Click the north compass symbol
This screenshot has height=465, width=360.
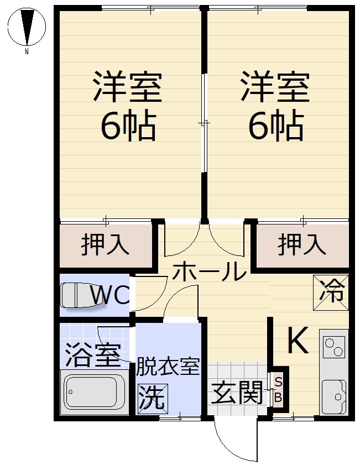(x=27, y=27)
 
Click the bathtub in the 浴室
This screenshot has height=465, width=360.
(x=95, y=391)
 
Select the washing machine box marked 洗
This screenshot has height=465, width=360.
(x=153, y=396)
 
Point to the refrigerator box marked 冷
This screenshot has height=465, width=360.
(x=331, y=292)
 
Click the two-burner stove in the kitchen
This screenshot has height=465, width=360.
(x=335, y=347)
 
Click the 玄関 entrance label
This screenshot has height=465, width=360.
(x=237, y=392)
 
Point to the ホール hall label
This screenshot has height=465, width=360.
(x=210, y=271)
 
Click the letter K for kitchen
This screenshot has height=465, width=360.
(x=298, y=339)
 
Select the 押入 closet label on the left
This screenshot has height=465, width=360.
(x=105, y=244)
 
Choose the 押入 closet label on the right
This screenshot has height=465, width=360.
(x=302, y=244)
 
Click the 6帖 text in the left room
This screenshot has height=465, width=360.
(x=128, y=127)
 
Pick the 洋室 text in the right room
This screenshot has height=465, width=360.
(x=275, y=86)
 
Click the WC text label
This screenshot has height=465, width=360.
(x=109, y=295)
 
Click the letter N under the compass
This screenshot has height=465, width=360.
(x=27, y=51)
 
